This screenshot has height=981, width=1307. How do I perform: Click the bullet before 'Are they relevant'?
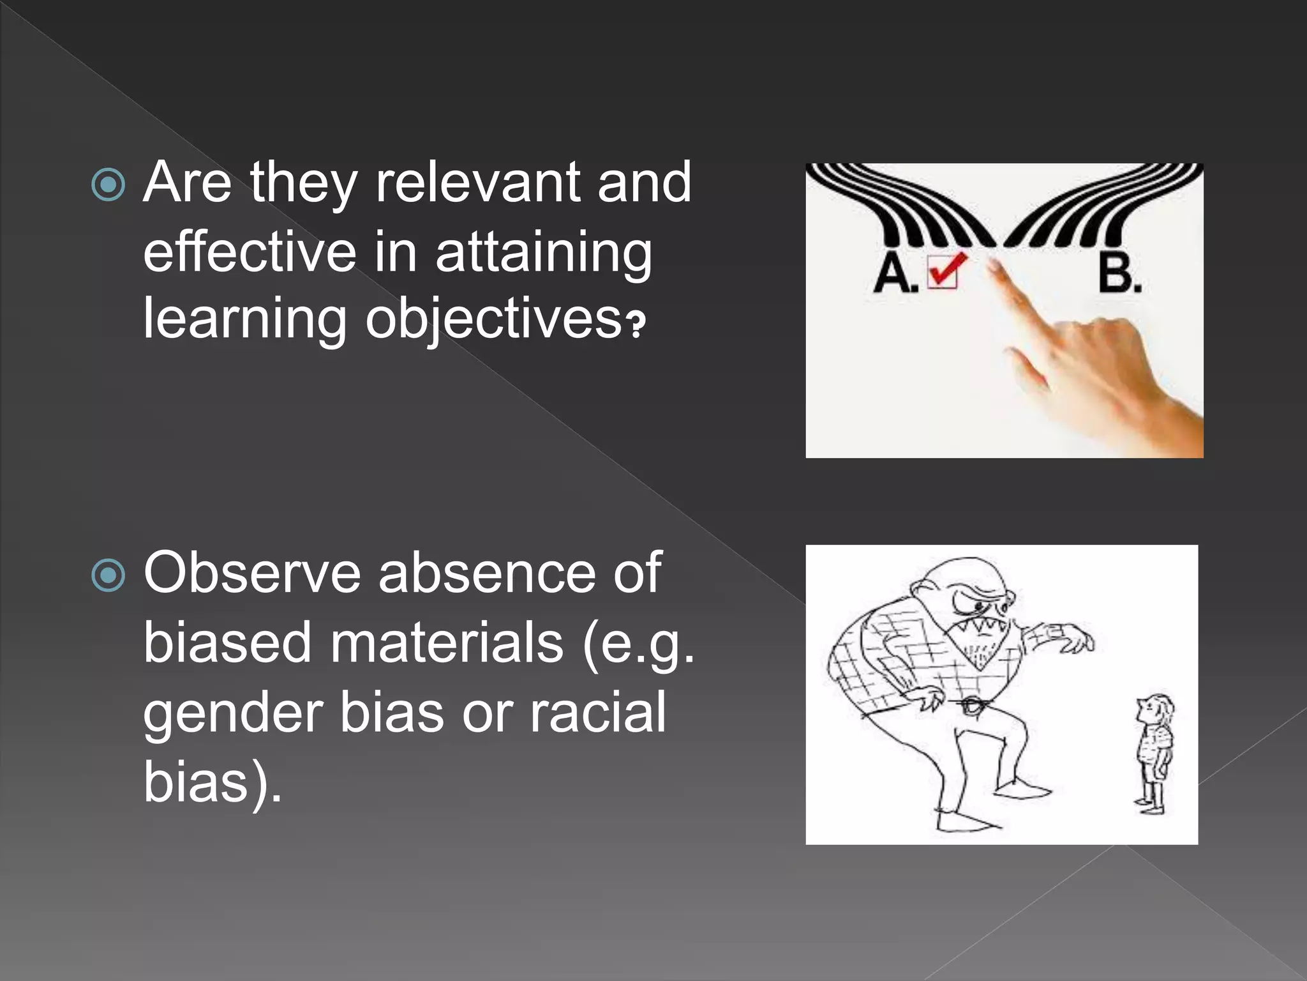pyautogui.click(x=108, y=185)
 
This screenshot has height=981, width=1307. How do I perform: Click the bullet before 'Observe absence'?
pyautogui.click(x=108, y=575)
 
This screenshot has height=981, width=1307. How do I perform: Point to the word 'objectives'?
pyautogui.click(x=493, y=319)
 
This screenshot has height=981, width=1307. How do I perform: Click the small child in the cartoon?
pyautogui.click(x=1154, y=754)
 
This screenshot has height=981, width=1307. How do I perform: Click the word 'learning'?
pyautogui.click(x=244, y=319)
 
